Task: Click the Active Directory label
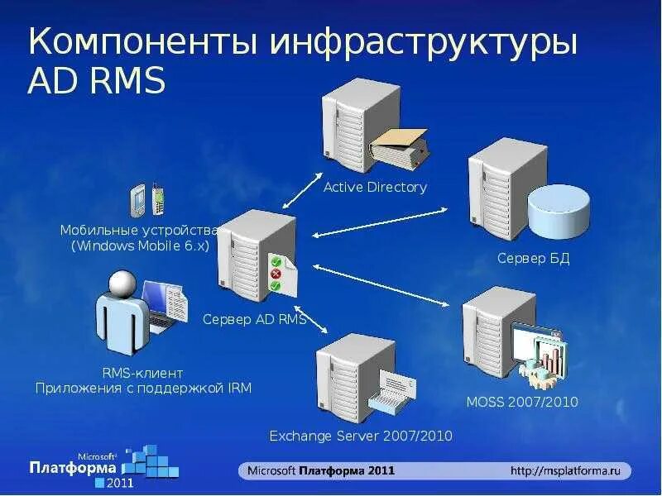pyautogui.click(x=375, y=187)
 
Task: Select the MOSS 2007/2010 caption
pyautogui.click(x=522, y=403)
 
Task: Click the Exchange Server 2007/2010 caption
pyautogui.click(x=361, y=436)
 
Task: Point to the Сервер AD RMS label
pyautogui.click(x=254, y=319)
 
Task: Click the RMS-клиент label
pyautogui.click(x=142, y=373)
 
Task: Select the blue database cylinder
pyautogui.click(x=559, y=212)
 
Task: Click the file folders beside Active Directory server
pyautogui.click(x=399, y=146)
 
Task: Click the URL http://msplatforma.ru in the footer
pyautogui.click(x=565, y=470)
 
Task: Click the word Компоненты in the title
pyautogui.click(x=141, y=43)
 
